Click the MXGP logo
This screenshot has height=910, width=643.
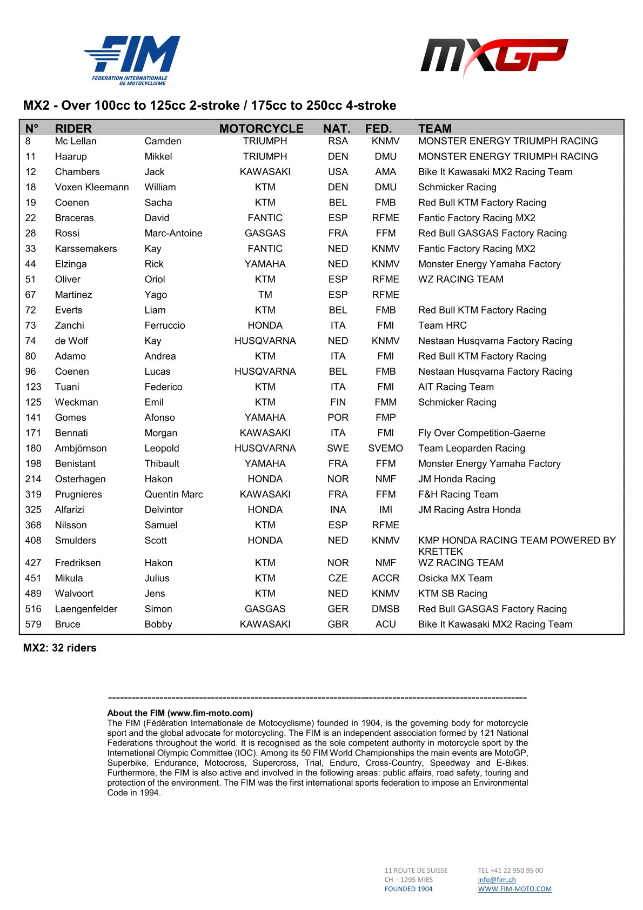[494, 56]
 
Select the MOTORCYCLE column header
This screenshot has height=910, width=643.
[261, 129]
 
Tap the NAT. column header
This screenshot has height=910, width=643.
[337, 129]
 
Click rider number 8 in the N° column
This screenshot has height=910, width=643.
[28, 141]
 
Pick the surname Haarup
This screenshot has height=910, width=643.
[71, 157]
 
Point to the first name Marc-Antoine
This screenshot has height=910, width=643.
[173, 234]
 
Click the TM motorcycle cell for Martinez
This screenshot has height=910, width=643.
[265, 295]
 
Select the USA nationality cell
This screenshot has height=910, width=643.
[338, 172]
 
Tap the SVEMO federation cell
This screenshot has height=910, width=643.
[385, 448]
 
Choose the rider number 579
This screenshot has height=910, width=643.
[33, 624]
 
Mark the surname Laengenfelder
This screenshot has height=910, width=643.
[86, 609]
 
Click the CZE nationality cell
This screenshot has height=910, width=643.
[338, 578]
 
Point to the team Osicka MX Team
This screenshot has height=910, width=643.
[455, 578]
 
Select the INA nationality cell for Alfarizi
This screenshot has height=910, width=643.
[338, 510]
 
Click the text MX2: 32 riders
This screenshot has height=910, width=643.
[59, 648]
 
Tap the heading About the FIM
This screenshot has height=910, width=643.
[180, 713]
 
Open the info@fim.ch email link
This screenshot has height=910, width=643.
[497, 880]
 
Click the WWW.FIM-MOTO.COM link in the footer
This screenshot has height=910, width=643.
[514, 889]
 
